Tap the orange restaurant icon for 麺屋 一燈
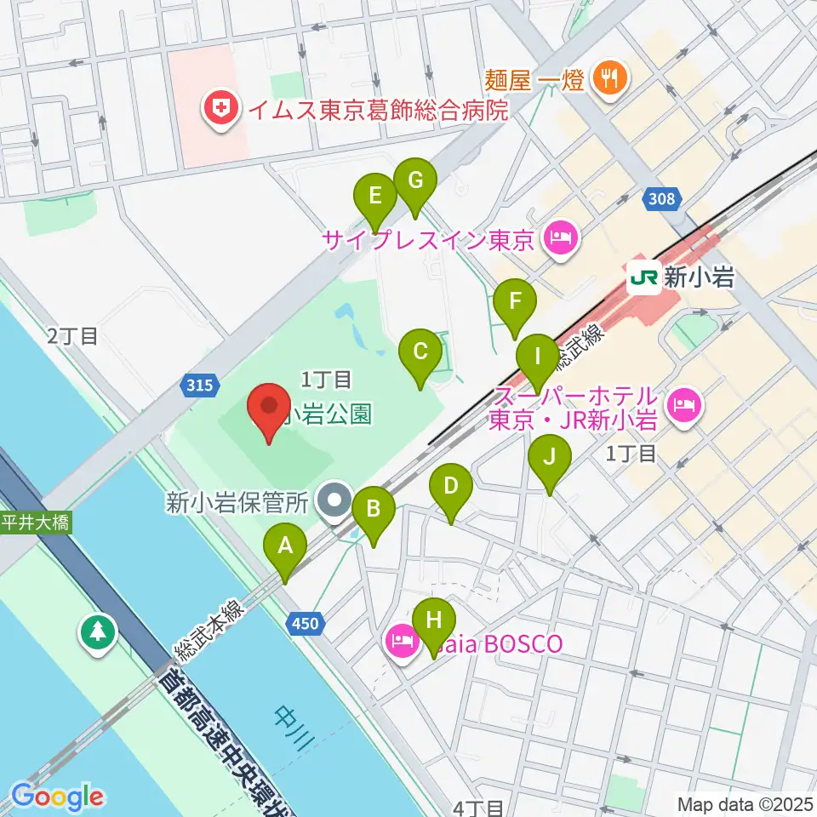(x=610, y=80)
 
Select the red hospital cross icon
(x=220, y=110)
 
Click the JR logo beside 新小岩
(x=644, y=277)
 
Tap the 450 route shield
(x=306, y=624)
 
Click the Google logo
(x=57, y=797)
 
